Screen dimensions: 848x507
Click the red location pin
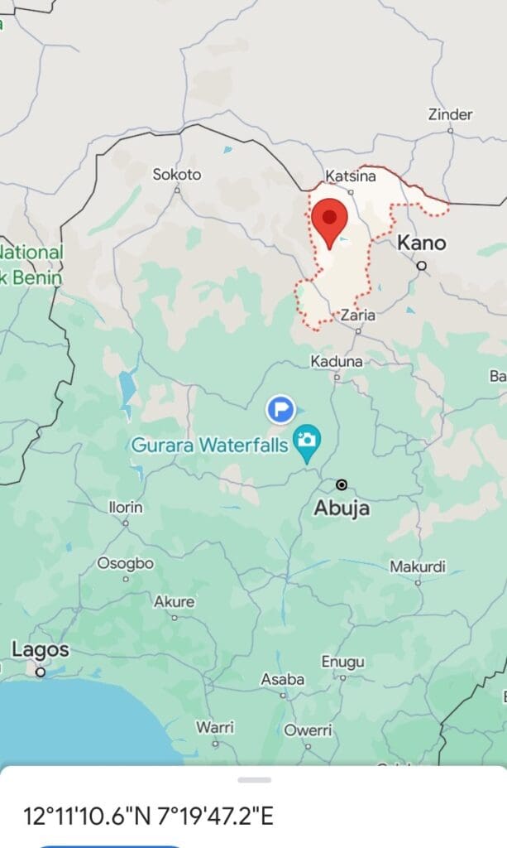click(x=330, y=220)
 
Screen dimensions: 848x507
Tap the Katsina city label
click(x=351, y=176)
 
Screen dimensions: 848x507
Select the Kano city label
click(x=422, y=243)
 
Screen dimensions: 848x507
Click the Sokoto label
click(x=177, y=175)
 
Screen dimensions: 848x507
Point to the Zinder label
click(x=450, y=115)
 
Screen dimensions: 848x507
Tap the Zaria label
click(x=358, y=316)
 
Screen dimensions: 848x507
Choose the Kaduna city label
click(x=337, y=362)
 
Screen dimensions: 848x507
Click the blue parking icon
click(x=281, y=408)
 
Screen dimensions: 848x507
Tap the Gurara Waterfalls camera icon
click(x=308, y=440)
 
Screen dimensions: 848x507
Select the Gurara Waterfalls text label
click(x=209, y=446)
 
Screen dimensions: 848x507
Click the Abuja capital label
click(x=341, y=508)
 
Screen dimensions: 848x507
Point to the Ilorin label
click(x=126, y=507)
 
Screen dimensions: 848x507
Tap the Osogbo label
click(x=126, y=563)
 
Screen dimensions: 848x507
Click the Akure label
click(x=174, y=602)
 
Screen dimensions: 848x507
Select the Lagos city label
click(x=40, y=650)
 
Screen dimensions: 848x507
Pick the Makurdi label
click(x=418, y=567)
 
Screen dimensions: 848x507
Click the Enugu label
click(x=342, y=662)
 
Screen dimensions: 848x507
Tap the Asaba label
click(x=283, y=680)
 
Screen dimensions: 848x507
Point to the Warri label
click(x=215, y=727)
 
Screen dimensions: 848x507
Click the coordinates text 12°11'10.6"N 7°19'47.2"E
click(x=148, y=817)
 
